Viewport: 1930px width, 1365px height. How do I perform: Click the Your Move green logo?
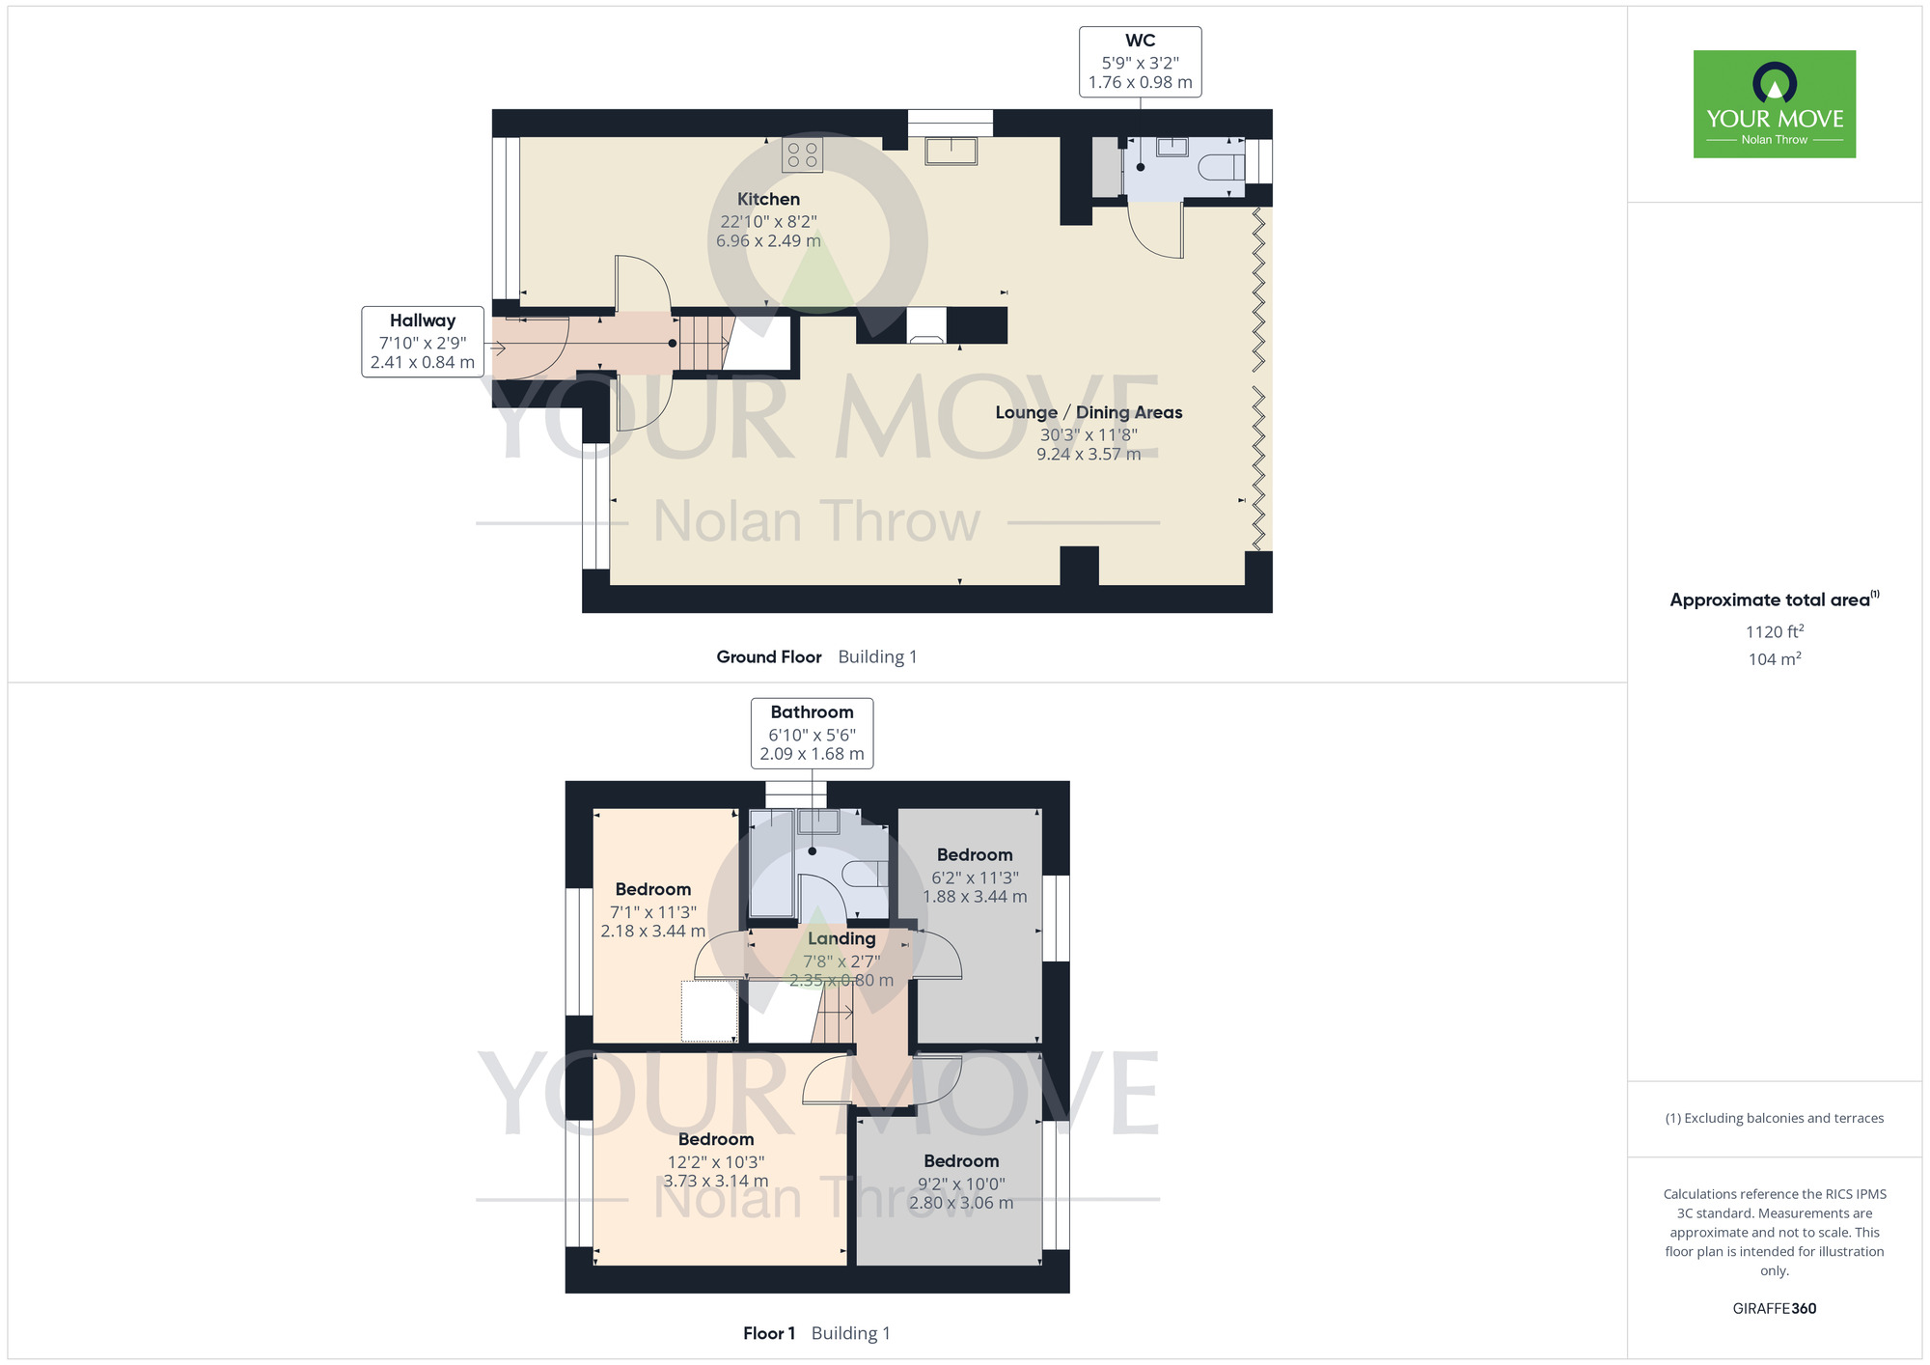[1774, 104]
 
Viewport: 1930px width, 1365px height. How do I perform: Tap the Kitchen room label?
[768, 200]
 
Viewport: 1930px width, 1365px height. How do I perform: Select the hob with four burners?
[802, 154]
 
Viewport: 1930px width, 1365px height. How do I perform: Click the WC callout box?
[1140, 62]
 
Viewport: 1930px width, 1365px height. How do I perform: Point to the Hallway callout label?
[422, 341]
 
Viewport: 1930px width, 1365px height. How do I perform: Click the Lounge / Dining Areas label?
[1089, 413]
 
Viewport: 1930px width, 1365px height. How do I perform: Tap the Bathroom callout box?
[812, 734]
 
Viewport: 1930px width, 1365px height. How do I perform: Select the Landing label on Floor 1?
[841, 938]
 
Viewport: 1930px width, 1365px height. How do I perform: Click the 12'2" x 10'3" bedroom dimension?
[716, 1162]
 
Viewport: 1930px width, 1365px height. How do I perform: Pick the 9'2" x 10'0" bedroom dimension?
[961, 1184]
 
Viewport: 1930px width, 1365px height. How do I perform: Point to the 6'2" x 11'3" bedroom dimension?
[975, 877]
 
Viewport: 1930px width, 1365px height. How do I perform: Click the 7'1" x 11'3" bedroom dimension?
[653, 912]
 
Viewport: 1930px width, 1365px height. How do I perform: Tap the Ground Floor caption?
[769, 657]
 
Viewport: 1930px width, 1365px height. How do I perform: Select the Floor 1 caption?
[769, 1333]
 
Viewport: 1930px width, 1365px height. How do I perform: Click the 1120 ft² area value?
[1774, 631]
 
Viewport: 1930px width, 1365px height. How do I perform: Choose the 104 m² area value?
[1774, 659]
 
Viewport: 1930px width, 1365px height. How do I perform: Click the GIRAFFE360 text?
[1774, 1309]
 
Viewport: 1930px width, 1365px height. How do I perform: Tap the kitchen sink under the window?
[951, 151]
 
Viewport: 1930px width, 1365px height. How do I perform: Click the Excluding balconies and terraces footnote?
[1774, 1118]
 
